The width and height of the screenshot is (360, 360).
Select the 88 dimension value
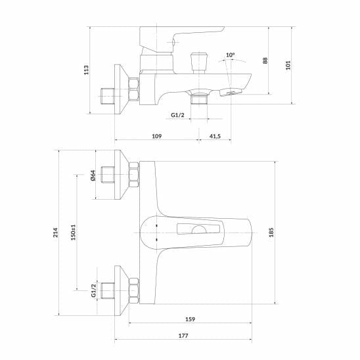tap(265, 60)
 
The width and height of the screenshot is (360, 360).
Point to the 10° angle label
tap(229, 55)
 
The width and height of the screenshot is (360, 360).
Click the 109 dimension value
tap(156, 136)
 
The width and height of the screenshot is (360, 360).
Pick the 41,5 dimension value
tap(215, 136)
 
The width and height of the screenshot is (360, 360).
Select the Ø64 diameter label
tap(93, 175)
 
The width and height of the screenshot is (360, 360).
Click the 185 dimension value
tap(271, 233)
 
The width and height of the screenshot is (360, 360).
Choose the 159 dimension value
tap(189, 320)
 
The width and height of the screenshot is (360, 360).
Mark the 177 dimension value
tap(183, 336)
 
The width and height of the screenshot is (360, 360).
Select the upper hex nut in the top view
tap(134, 175)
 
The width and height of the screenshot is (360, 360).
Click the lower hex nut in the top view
tap(134, 290)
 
